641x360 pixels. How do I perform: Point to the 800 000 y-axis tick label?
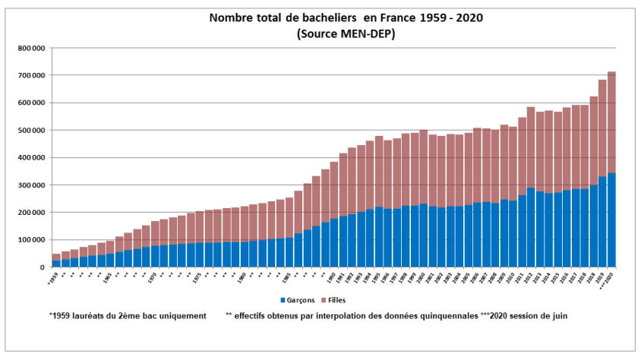tap(30, 48)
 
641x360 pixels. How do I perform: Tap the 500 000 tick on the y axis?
tap(30, 130)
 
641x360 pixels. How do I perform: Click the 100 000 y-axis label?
tap(30, 239)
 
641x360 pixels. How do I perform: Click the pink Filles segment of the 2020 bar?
tap(611, 122)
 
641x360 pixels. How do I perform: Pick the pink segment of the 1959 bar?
tap(56, 257)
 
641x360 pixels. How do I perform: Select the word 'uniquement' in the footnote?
tap(179, 315)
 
